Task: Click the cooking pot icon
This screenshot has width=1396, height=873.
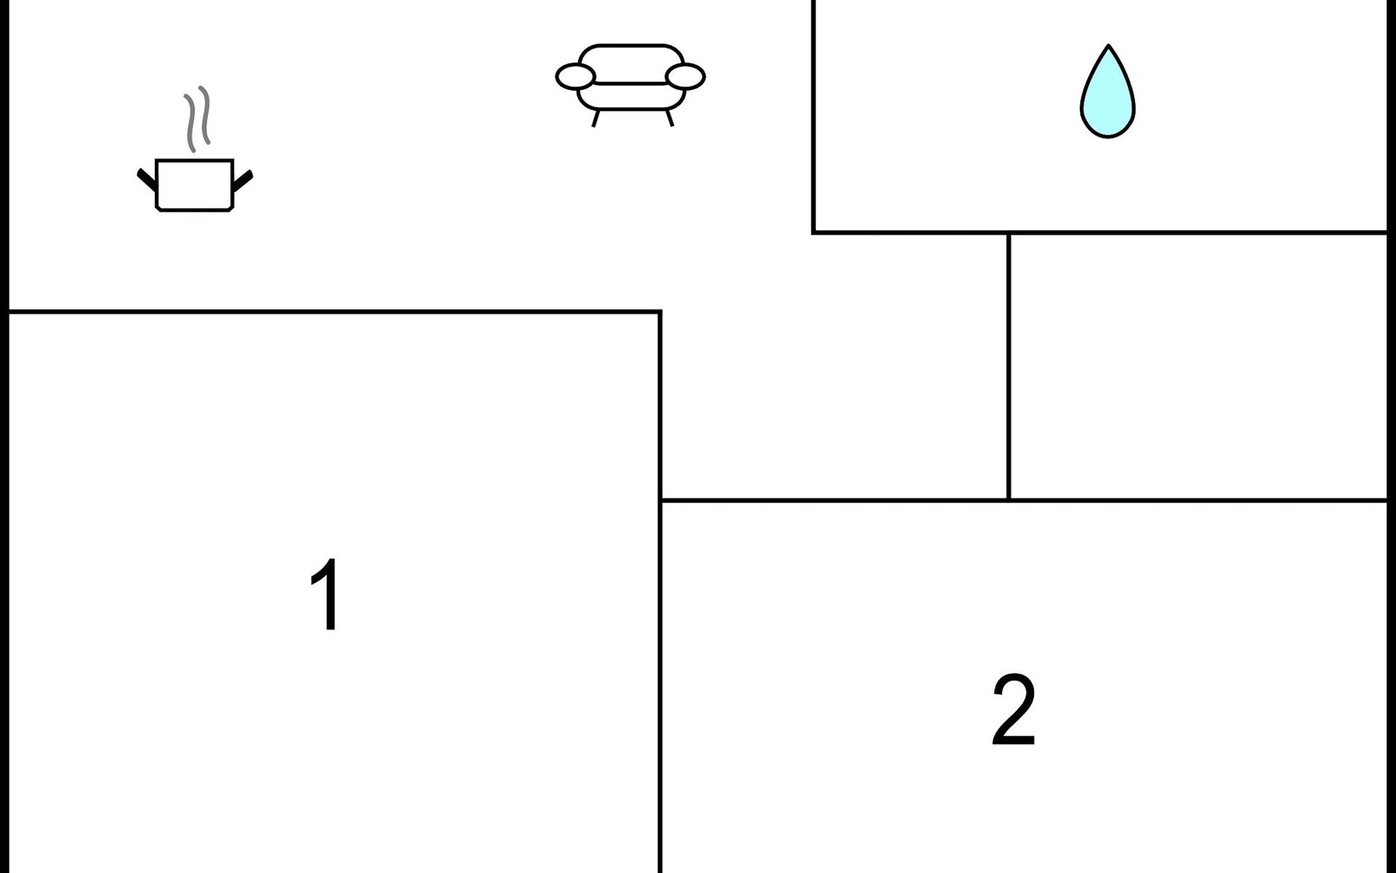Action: (x=195, y=149)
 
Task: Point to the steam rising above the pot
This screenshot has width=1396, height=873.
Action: (x=197, y=119)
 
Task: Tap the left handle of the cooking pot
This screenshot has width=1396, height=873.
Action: (x=146, y=180)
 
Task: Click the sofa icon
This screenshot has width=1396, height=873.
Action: (x=630, y=86)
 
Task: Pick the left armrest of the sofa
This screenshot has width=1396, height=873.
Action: (x=576, y=76)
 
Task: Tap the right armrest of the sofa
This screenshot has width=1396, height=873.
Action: (x=685, y=76)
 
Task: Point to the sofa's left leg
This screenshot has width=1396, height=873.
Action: (x=595, y=119)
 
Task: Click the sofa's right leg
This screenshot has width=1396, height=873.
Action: (x=670, y=119)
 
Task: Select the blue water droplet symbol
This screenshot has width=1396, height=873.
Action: (x=1107, y=92)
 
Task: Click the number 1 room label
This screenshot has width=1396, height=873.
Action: (x=325, y=594)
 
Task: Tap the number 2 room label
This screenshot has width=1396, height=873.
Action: (x=1014, y=709)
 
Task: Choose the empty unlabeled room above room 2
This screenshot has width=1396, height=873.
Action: (x=1198, y=367)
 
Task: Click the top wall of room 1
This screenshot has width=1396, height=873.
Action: (x=334, y=312)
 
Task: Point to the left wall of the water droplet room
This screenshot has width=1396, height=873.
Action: (x=813, y=116)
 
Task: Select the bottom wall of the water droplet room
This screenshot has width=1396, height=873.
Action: (x=1099, y=233)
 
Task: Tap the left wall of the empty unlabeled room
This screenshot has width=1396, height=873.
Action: (x=1008, y=367)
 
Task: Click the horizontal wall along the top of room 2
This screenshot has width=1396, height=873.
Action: (x=1024, y=501)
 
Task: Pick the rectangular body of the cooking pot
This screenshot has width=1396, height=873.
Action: (x=195, y=186)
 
